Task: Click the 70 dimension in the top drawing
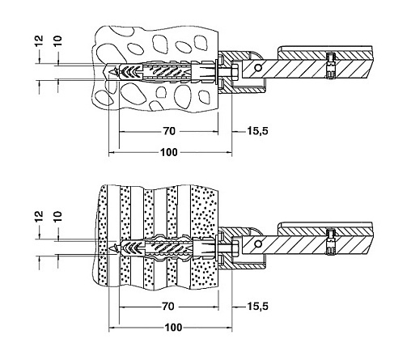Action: click(x=169, y=131)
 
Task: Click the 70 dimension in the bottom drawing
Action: click(x=167, y=307)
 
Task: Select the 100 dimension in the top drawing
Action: click(x=169, y=152)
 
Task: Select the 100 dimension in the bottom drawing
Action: click(x=173, y=328)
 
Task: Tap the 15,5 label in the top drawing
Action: click(x=258, y=131)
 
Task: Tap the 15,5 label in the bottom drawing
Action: click(x=258, y=307)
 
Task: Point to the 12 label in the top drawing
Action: click(x=39, y=41)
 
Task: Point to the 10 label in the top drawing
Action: click(x=57, y=40)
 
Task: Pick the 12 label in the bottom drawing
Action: click(x=39, y=216)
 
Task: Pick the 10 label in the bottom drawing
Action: click(x=57, y=216)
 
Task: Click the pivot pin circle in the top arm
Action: click(x=258, y=68)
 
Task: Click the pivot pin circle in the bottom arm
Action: click(x=258, y=244)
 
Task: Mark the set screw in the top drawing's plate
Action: click(x=330, y=66)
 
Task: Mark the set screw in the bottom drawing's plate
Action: click(x=330, y=242)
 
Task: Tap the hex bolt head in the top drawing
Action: click(x=235, y=73)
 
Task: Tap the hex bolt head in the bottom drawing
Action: click(x=235, y=248)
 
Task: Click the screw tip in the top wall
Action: click(x=110, y=72)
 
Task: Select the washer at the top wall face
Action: click(x=217, y=72)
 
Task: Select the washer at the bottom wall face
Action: click(x=217, y=248)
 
